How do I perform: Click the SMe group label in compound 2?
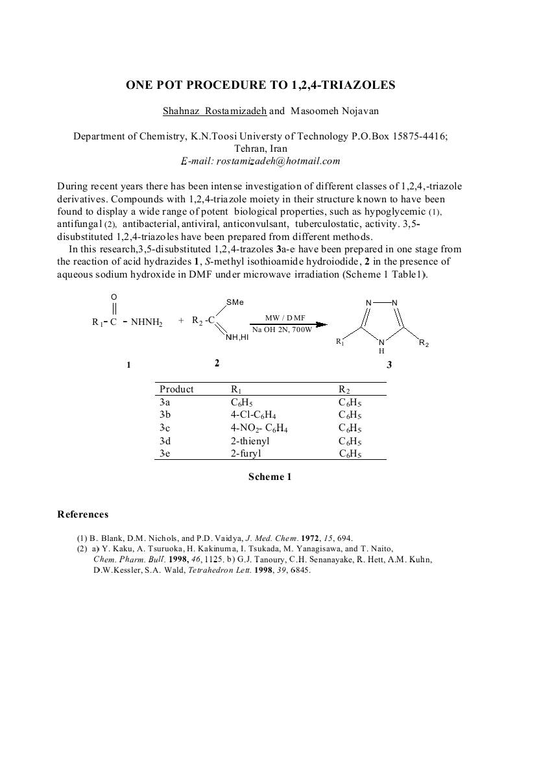pyautogui.click(x=235, y=303)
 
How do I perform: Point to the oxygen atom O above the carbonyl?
pyautogui.click(x=114, y=297)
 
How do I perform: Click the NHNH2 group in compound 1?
pyautogui.click(x=147, y=322)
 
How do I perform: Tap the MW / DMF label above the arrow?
pyautogui.click(x=285, y=317)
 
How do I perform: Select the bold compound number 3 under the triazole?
pyautogui.click(x=389, y=365)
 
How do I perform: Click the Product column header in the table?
pyautogui.click(x=176, y=389)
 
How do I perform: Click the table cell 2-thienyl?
pyautogui.click(x=250, y=441)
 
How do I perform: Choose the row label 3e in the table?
pyautogui.click(x=165, y=454)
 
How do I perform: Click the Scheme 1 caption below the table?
pyautogui.click(x=270, y=477)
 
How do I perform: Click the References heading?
pyautogui.click(x=83, y=515)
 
